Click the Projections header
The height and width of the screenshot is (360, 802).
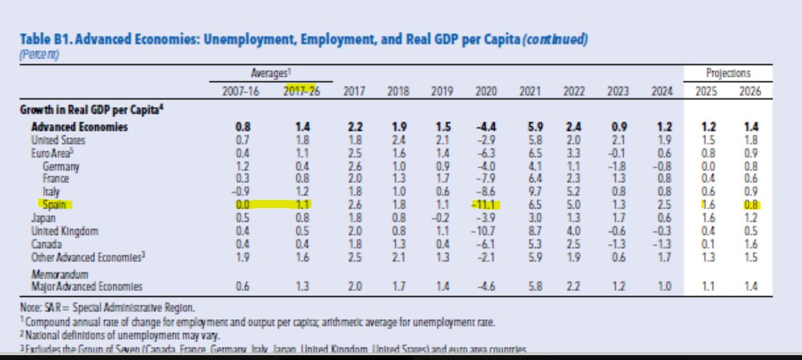coord(728,73)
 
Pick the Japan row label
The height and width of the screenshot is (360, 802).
coord(43,218)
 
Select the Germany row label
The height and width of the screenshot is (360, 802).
coord(61,167)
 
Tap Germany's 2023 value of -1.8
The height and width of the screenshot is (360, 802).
coord(620,167)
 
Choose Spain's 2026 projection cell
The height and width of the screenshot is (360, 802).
coord(751,205)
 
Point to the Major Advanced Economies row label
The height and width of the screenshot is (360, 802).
coord(87,286)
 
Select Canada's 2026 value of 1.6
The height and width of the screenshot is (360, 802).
coord(751,244)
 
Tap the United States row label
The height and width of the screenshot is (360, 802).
coord(60,141)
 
